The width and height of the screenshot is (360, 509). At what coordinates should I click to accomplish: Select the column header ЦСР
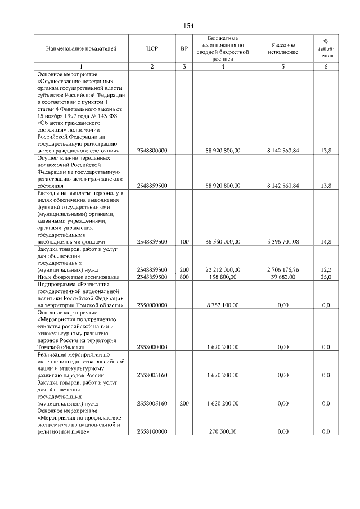click(152, 48)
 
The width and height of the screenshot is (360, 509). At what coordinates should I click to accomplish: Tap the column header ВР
click(184, 48)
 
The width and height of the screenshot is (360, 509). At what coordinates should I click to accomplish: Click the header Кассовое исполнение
click(283, 48)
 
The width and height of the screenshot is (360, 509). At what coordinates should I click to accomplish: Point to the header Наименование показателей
click(81, 48)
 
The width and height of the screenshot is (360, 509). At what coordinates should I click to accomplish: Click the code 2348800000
click(152, 151)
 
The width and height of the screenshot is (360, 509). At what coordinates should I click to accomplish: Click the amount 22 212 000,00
click(223, 270)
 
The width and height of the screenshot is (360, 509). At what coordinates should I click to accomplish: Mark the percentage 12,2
click(326, 270)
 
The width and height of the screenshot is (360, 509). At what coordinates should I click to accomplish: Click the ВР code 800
click(184, 277)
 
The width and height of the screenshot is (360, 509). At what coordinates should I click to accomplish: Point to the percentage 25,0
click(326, 277)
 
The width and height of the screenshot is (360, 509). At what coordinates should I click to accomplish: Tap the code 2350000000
click(152, 304)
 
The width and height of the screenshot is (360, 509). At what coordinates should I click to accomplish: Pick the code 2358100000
click(152, 431)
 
